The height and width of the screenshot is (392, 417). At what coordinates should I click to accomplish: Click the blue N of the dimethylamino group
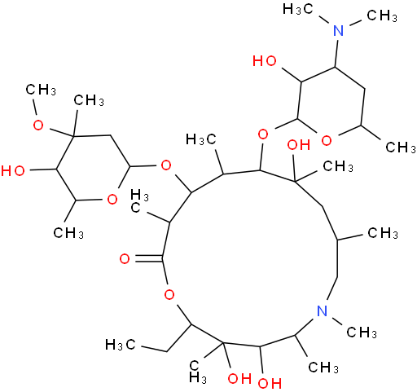tap(338, 30)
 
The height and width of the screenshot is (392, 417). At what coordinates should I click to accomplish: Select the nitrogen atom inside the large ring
tap(323, 311)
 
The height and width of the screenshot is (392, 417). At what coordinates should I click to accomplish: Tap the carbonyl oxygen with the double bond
tap(125, 258)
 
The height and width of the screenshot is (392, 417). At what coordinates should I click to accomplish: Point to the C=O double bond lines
tap(148, 258)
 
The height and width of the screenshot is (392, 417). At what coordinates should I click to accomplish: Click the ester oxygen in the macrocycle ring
tap(169, 294)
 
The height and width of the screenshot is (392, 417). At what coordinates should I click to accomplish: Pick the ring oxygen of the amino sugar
tap(327, 140)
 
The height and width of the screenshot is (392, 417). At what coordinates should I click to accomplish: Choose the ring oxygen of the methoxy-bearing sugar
tap(112, 200)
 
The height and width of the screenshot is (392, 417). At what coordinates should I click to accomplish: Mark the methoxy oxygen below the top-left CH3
tap(37, 126)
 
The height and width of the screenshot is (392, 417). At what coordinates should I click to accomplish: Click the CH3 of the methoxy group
tap(41, 90)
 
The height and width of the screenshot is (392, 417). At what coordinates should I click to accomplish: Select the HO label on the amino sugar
tap(265, 61)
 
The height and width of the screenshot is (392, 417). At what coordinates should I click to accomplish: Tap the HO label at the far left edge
tap(13, 171)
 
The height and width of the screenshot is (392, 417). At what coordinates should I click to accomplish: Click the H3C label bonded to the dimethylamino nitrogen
tap(298, 10)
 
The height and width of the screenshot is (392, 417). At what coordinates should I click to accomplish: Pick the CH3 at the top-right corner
tap(382, 16)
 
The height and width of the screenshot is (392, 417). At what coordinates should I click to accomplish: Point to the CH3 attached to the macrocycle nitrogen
tap(362, 332)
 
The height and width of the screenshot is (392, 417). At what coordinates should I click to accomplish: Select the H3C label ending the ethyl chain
tap(121, 345)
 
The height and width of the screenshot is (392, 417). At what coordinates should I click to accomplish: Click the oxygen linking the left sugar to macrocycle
tap(166, 165)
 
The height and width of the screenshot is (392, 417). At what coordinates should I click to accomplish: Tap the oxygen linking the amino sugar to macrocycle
tap(263, 134)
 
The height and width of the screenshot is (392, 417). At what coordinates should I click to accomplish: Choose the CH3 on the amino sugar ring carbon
tap(401, 147)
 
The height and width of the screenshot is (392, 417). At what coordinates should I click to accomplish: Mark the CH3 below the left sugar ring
tap(68, 233)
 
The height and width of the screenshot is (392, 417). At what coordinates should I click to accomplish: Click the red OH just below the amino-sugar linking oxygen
tap(299, 145)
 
